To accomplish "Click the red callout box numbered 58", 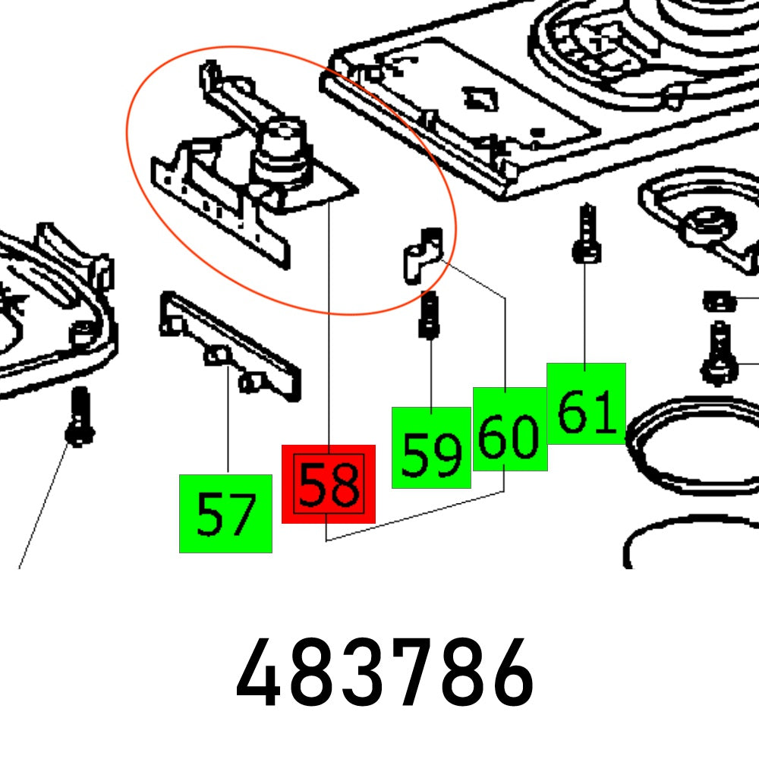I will (x=328, y=484).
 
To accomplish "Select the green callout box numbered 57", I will (x=225, y=514).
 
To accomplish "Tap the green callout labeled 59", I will (x=431, y=448).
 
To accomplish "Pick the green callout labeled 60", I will (x=510, y=430).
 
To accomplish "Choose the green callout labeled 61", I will (x=586, y=404).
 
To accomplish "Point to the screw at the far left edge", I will (x=78, y=416).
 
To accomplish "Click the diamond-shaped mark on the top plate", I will (x=479, y=97).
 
